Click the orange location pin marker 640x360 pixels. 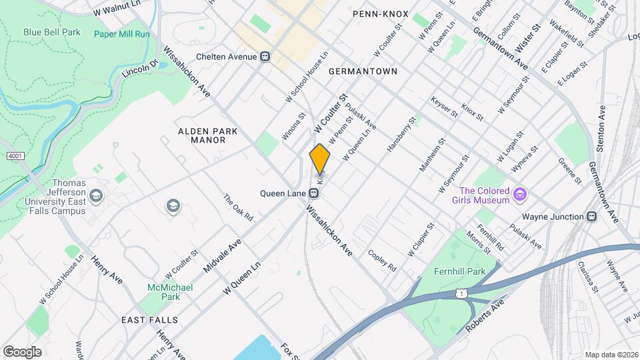[320, 159]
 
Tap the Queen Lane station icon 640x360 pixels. [313, 194]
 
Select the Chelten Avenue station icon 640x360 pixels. [265, 57]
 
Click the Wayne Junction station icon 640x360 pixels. [591, 217]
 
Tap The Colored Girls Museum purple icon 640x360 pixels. [521, 195]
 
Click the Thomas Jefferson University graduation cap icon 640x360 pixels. [96, 195]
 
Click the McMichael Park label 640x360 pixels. [164, 292]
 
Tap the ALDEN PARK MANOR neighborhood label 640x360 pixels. [207, 136]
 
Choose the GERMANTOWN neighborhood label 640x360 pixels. [363, 71]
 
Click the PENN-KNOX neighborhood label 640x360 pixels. [380, 13]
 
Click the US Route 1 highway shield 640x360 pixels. [459, 293]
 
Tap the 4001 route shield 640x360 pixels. [14, 156]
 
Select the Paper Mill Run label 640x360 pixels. [121, 34]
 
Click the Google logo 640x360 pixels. [23, 351]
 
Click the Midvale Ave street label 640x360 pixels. [221, 257]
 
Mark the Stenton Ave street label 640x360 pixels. [601, 127]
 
